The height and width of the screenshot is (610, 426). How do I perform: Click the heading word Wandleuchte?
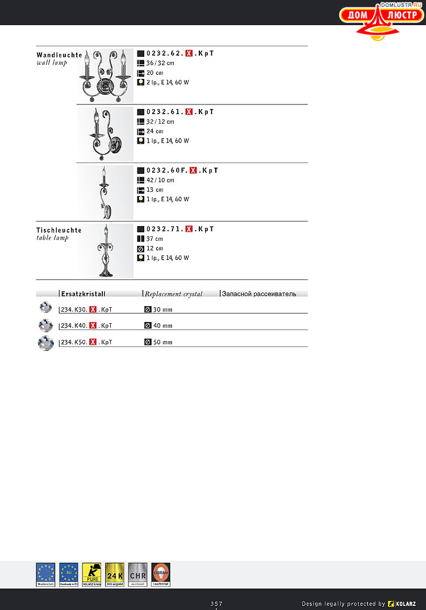coord(59,55)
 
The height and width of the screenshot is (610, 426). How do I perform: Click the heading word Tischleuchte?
coord(59,230)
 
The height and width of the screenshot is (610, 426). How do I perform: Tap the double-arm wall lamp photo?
coord(105,76)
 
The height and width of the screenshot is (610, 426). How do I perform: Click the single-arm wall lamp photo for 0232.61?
coord(105,134)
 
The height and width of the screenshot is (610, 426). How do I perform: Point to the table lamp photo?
coord(105,250)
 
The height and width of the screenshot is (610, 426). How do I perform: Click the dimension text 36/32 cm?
coord(160,63)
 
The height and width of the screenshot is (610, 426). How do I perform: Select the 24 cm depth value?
coord(155,131)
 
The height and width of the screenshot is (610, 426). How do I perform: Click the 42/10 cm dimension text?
coord(160,180)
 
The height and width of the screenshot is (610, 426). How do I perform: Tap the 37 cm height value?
coord(154,239)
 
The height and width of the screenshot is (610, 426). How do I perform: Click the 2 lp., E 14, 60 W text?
coord(168,82)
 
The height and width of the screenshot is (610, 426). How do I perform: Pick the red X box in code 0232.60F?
coord(193,170)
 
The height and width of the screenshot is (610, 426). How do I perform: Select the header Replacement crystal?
coord(181,294)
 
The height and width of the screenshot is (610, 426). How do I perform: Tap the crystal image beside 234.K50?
coord(45,343)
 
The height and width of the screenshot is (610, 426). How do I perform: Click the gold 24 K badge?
coord(115,574)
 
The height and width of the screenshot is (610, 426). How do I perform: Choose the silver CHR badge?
coord(138,574)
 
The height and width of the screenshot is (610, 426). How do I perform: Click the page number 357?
coord(216,603)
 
